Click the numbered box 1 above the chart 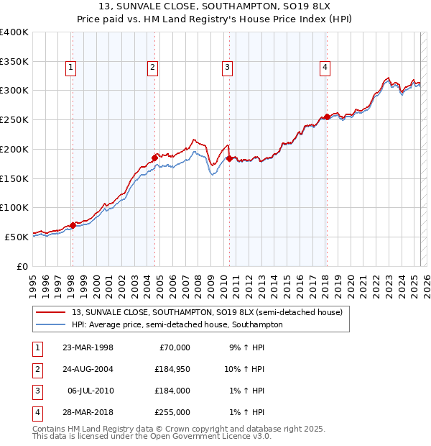tap(72, 68)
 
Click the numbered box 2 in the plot tap(153, 68)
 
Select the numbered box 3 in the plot tap(227, 68)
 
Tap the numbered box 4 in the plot tap(325, 68)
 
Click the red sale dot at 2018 tap(327, 117)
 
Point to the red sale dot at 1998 tap(73, 225)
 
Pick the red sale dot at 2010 tap(229, 158)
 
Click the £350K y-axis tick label tap(14, 61)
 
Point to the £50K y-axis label tap(17, 237)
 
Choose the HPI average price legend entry tap(177, 324)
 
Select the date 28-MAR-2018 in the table tap(88, 412)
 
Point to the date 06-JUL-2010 tap(90, 391)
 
